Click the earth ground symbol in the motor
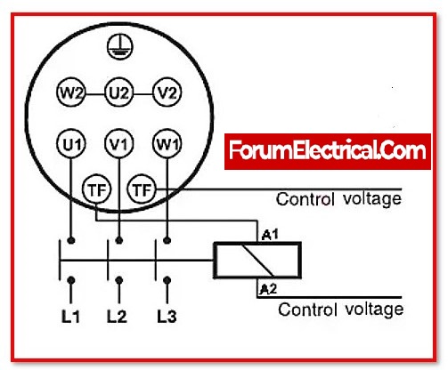point(120,47)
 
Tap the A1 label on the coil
point(270,235)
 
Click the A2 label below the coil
point(268,288)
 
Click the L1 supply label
point(70,317)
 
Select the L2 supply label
point(117,317)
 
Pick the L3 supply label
point(167,317)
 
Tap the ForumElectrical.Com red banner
point(328,151)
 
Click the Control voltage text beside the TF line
point(338,199)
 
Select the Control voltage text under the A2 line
point(341,310)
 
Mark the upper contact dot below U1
point(71,240)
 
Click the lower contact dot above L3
point(167,280)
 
